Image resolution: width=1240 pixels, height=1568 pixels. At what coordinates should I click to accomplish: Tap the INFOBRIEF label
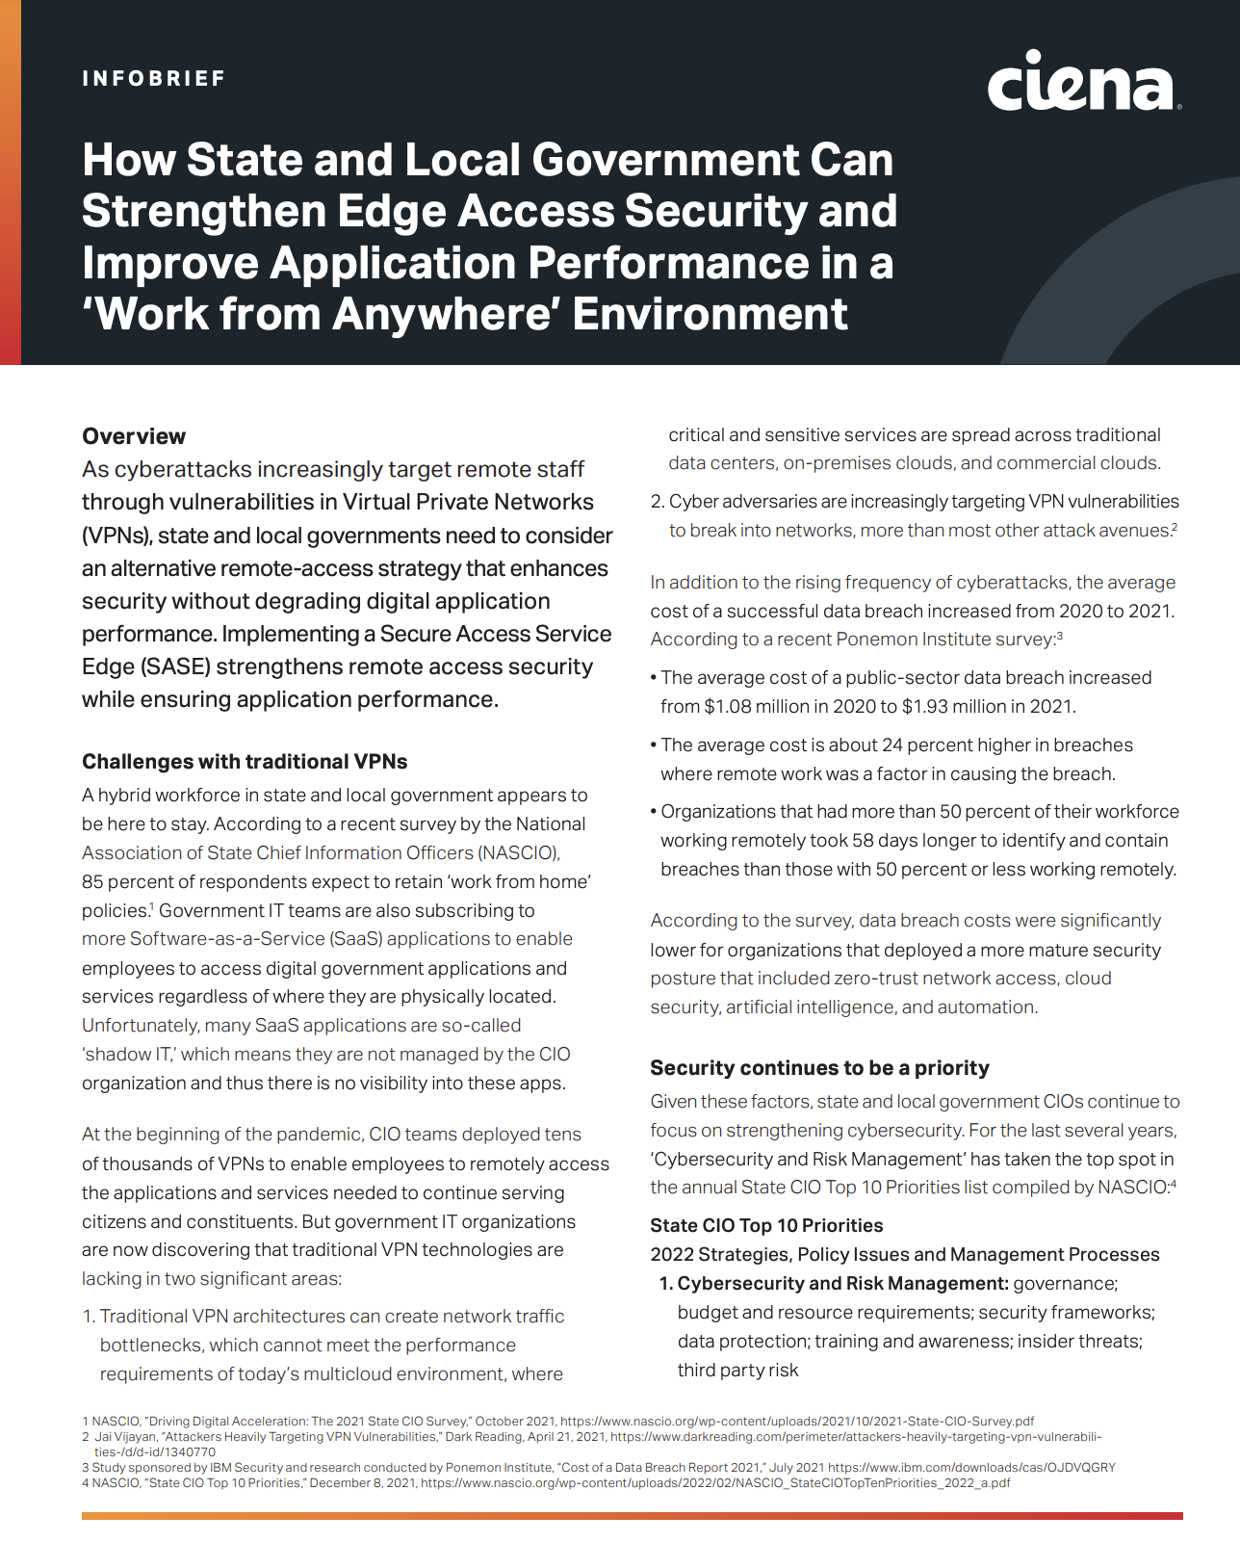(x=154, y=79)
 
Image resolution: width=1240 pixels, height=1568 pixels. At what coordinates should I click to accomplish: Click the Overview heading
(x=134, y=436)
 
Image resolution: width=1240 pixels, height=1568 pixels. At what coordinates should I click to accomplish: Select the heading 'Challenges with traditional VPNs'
(x=245, y=762)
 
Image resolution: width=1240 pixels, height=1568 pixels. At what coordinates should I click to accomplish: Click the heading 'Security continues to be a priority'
(x=819, y=1068)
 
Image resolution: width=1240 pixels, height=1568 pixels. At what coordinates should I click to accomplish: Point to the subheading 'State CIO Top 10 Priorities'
(x=766, y=1226)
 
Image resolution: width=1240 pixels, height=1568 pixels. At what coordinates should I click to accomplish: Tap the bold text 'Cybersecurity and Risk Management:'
(x=842, y=1284)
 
